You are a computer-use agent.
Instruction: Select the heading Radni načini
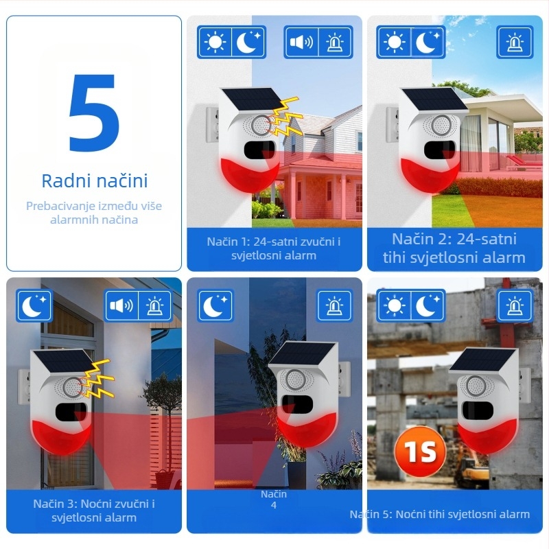point(94,181)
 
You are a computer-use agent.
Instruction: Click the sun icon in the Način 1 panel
point(215,43)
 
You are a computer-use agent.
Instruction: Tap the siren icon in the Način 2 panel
point(515,43)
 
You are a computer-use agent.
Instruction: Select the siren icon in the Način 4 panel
point(334,306)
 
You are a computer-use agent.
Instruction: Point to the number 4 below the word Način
point(274,506)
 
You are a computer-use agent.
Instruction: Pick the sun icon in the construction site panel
point(394,306)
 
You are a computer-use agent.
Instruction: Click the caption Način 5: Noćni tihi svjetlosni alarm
point(440,514)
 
